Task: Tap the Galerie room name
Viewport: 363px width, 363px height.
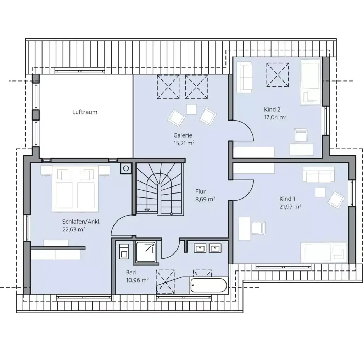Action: coord(183,135)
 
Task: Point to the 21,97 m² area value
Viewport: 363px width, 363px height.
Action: coord(290,206)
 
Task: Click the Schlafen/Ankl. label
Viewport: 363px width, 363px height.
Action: coord(82,222)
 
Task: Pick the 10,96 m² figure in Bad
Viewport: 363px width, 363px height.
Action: coord(137,280)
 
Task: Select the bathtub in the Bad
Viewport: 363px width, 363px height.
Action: coord(208,285)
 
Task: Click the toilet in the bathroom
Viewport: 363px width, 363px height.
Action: coord(124,251)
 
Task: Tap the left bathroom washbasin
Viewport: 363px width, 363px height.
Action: coord(200,248)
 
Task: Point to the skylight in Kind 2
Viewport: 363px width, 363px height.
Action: coord(278,74)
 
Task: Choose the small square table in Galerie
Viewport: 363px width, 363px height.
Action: coord(192,109)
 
